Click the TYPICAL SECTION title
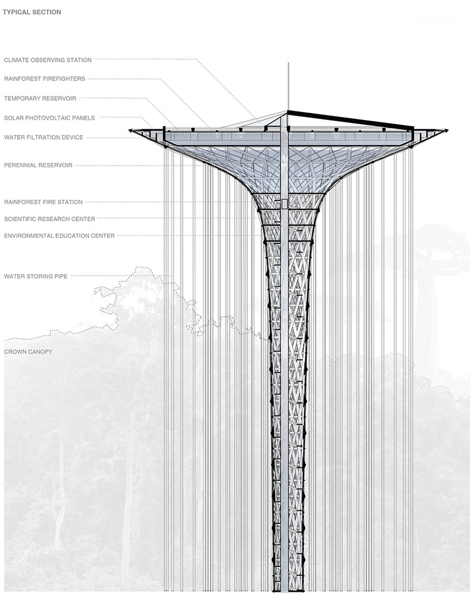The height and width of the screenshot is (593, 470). click(x=32, y=12)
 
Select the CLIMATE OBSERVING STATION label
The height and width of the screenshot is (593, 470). click(x=48, y=60)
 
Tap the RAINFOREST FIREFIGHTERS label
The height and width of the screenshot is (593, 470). click(x=45, y=79)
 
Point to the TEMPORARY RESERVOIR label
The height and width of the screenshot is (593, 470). click(x=40, y=98)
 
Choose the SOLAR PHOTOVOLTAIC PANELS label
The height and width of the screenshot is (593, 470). click(x=49, y=118)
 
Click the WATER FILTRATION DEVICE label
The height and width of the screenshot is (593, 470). click(x=44, y=137)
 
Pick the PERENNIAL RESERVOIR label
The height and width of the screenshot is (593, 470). click(x=38, y=165)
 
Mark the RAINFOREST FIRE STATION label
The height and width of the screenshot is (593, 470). click(x=44, y=202)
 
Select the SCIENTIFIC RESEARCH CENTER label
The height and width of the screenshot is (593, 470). click(x=49, y=219)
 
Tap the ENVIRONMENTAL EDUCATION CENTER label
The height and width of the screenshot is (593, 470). click(x=59, y=236)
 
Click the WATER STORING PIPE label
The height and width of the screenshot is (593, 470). click(x=36, y=276)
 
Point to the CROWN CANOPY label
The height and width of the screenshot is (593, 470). click(x=28, y=352)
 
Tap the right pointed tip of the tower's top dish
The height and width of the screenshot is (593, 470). click(x=448, y=130)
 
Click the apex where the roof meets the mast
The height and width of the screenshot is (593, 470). click(x=287, y=111)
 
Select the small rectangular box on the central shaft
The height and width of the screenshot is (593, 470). click(x=284, y=203)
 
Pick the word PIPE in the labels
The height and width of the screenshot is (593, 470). click(x=61, y=276)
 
